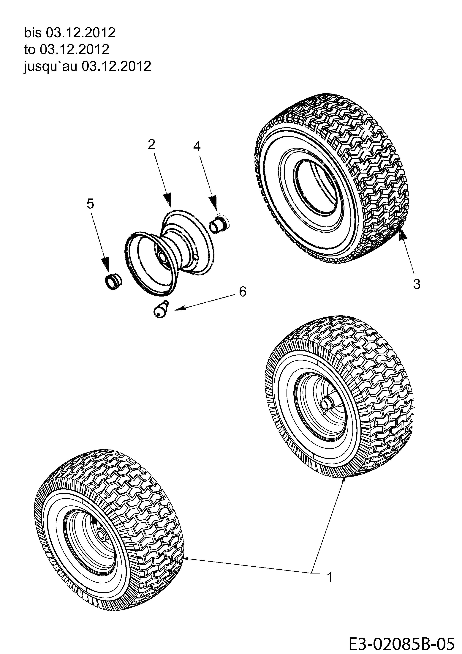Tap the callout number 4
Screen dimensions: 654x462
pos(197,146)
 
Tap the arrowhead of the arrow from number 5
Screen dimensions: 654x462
pos(105,265)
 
